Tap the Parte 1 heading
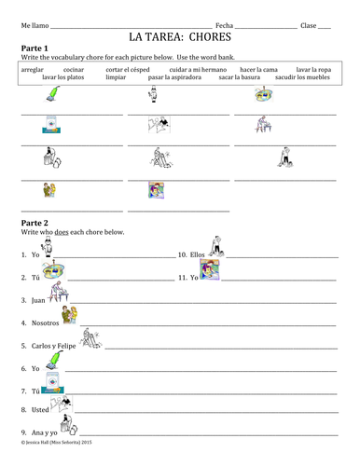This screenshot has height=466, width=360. pos(35,48)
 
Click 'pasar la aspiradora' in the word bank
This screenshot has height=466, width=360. pos(174,78)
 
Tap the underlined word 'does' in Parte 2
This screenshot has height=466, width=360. pos(61,232)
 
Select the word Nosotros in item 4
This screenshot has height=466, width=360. pos(43,323)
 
